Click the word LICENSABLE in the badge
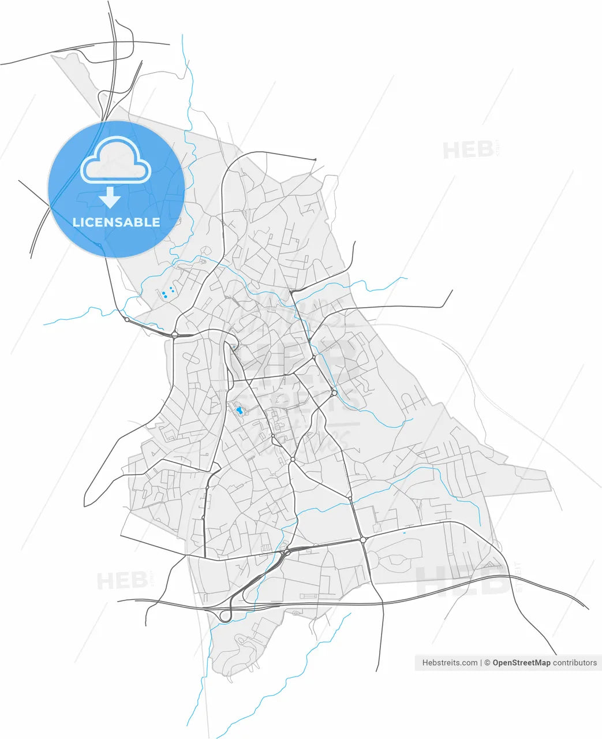coord(116,222)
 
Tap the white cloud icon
coord(116,162)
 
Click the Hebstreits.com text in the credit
coord(450,663)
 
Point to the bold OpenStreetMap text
coord(521,663)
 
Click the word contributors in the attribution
coord(575,663)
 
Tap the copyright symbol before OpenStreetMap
coord(487,663)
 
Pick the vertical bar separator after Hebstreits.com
coord(481,663)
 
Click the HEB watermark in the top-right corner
coord(468,150)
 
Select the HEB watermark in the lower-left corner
coord(122,580)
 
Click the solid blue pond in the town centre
coord(238,410)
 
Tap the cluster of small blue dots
coord(167,293)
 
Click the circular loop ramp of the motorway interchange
coord(225,616)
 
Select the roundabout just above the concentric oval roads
coord(363,540)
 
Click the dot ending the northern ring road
coord(315,159)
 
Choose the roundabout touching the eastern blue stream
coord(334,393)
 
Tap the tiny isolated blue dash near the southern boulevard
coord(404,533)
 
